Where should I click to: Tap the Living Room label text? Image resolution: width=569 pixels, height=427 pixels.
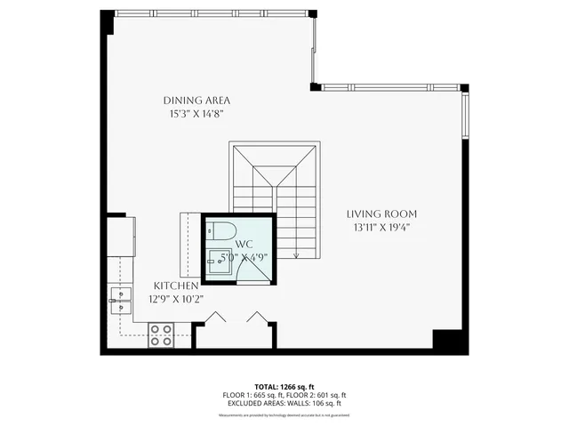click(381, 214)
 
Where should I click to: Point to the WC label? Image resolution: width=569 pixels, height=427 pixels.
click(246, 244)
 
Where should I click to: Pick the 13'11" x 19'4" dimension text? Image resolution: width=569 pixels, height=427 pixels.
click(381, 228)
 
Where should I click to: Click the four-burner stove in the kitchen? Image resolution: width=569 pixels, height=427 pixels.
click(160, 334)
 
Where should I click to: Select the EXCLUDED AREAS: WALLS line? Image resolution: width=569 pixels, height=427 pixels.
click(284, 403)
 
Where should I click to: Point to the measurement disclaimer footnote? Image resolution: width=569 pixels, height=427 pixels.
click(284, 415)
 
